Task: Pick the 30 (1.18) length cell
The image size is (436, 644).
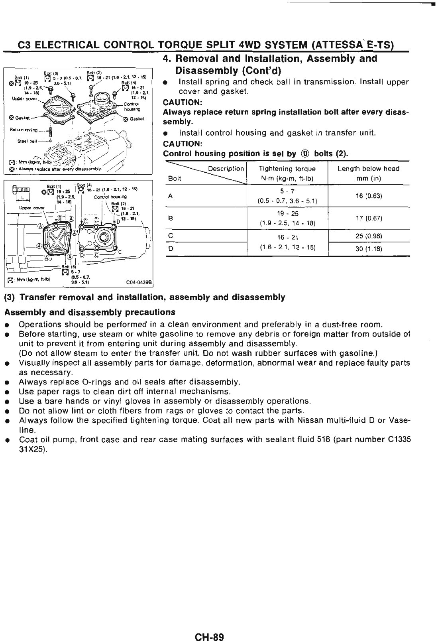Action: click(x=368, y=249)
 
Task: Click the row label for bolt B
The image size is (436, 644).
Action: click(x=171, y=218)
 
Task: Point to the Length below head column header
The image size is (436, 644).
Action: click(x=368, y=169)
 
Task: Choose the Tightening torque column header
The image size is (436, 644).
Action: click(x=287, y=169)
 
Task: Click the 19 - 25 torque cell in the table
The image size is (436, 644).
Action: click(x=287, y=214)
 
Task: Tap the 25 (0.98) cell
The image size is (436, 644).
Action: click(x=368, y=236)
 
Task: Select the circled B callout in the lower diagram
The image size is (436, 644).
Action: click(x=61, y=218)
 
